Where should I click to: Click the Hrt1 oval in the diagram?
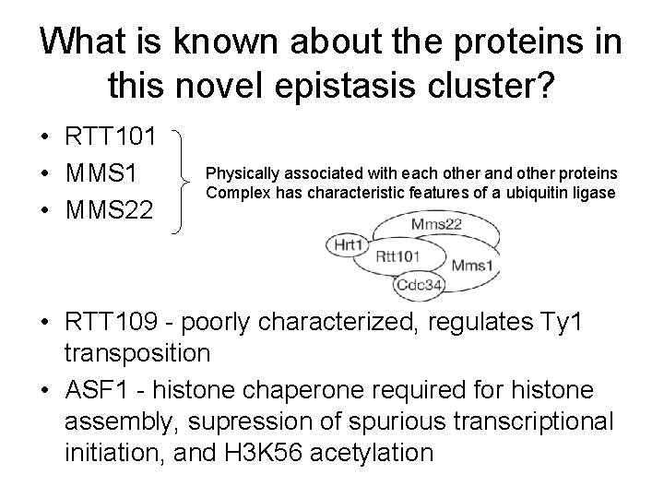click(347, 246)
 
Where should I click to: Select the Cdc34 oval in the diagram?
click(417, 286)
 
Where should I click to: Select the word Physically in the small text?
click(243, 173)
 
